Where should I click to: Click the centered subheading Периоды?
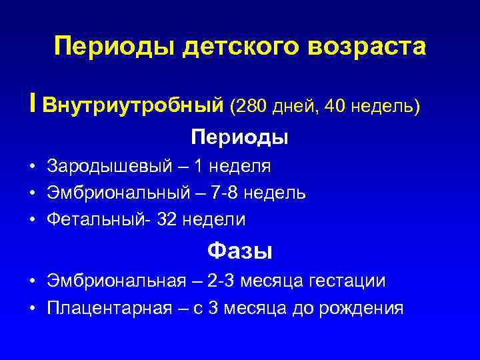[239, 137]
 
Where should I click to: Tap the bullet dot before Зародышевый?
[33, 166]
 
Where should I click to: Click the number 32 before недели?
[167, 219]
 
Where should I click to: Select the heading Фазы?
[239, 251]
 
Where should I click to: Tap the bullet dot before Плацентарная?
[33, 308]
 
